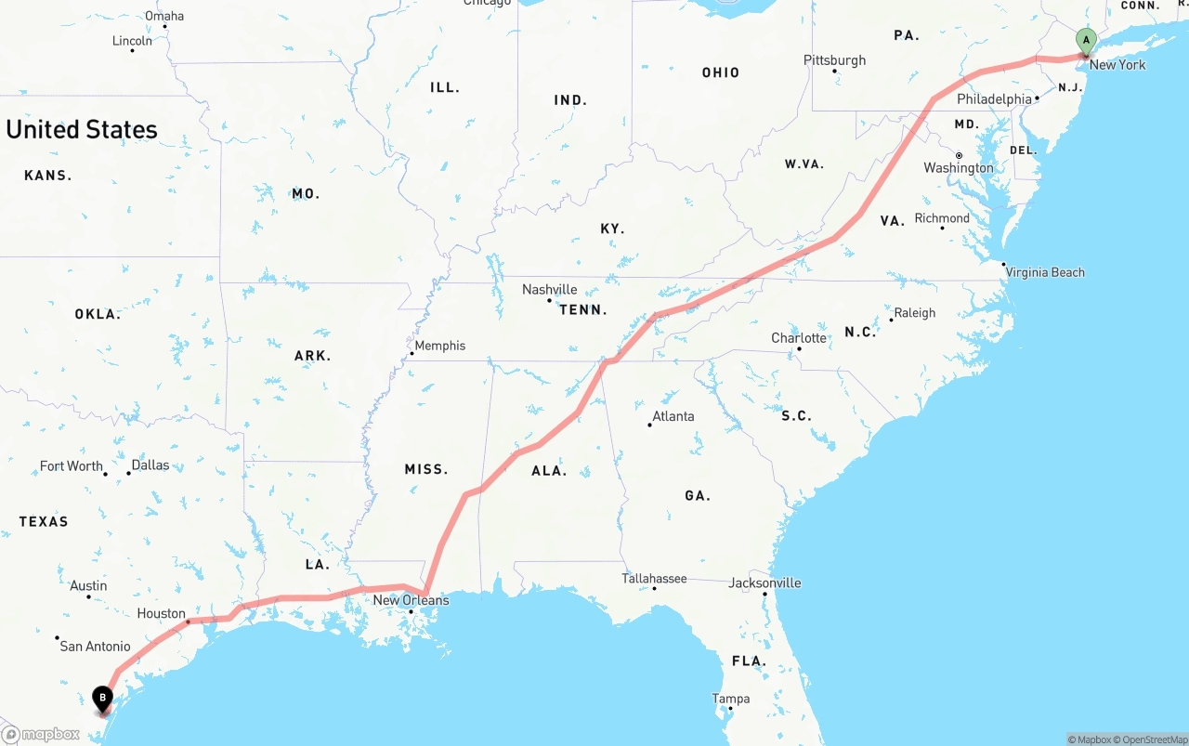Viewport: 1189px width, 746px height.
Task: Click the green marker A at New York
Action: point(1086,41)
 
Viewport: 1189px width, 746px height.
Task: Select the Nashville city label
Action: point(549,290)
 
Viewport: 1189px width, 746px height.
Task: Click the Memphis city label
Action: point(439,346)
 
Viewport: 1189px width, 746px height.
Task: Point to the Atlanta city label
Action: point(673,416)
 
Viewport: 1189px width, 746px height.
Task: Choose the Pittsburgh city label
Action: point(834,60)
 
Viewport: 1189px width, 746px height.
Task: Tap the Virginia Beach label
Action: point(1045,272)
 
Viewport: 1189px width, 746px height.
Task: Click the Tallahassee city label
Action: point(654,579)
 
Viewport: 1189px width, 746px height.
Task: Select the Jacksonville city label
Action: point(764,583)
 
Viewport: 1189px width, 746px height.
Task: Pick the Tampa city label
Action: point(730,699)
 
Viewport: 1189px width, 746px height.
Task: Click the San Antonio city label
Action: point(95,647)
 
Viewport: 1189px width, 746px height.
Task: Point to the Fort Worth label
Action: point(72,466)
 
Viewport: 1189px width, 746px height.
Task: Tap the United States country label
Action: point(82,129)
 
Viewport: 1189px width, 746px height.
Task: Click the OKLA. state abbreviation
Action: point(98,315)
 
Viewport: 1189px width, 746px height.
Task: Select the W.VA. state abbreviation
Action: point(804,164)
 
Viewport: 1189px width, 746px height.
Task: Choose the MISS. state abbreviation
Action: point(426,470)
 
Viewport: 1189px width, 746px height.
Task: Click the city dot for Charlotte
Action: point(799,349)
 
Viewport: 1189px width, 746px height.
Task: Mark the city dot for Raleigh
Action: point(891,320)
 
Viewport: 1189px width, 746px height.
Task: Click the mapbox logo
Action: point(42,734)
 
